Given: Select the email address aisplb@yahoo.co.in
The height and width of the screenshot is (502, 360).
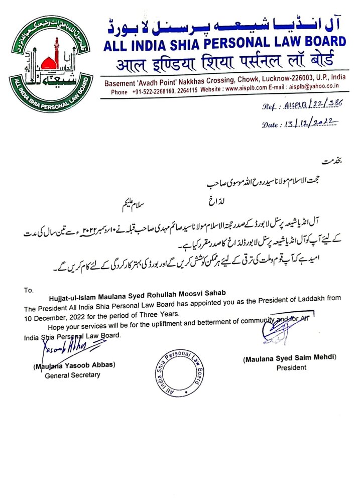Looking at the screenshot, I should pyautogui.click(x=318, y=92).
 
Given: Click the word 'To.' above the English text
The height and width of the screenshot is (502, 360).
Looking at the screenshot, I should pyautogui.click(x=28, y=290).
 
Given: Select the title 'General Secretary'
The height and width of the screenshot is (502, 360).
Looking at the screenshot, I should pyautogui.click(x=72, y=375).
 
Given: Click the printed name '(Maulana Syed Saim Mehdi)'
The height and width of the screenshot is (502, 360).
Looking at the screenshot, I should pyautogui.click(x=290, y=359).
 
